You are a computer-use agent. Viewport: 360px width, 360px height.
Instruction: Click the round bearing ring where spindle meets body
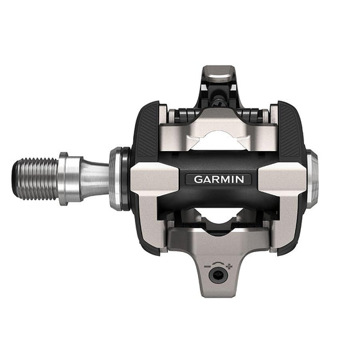pos(118,179)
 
